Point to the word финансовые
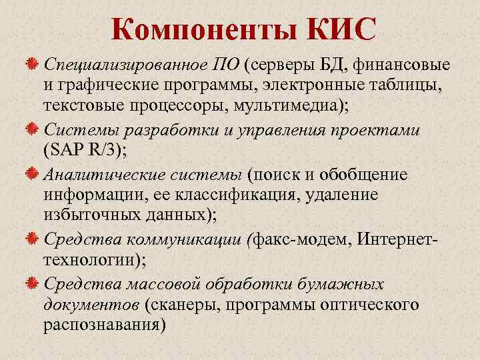tap(402, 65)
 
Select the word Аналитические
tap(97, 175)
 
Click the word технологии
tap(85, 260)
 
